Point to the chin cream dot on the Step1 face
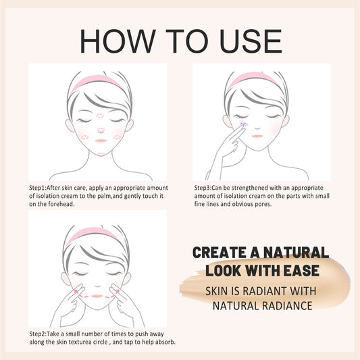[x=100, y=152]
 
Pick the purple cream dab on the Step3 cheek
[x=244, y=126]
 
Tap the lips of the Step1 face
[x=99, y=141]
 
